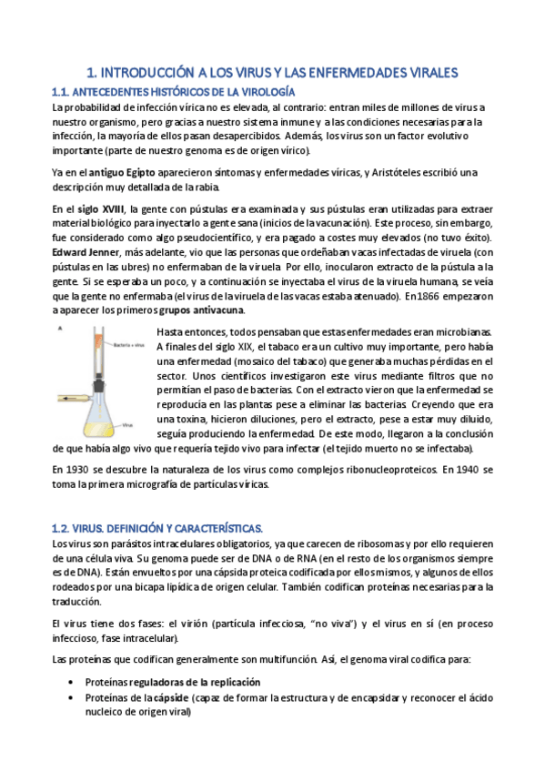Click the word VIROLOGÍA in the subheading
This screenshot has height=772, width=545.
click(x=263, y=92)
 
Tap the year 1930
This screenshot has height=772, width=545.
click(x=81, y=469)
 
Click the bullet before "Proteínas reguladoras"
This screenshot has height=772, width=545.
click(x=72, y=682)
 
